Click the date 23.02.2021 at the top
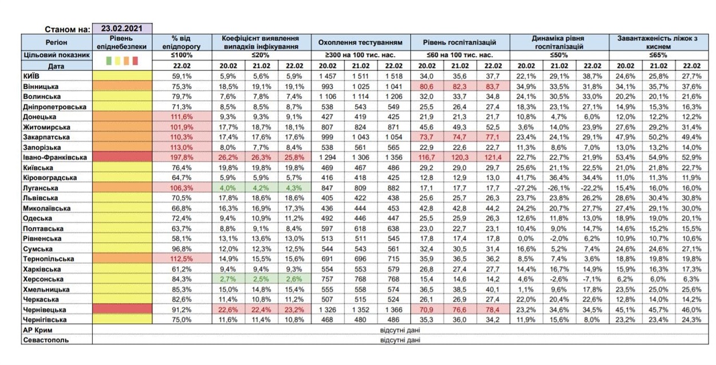[122, 29]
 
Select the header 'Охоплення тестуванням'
[360, 42]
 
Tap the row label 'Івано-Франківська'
[55, 157]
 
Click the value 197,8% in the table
[182, 157]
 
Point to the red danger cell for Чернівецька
[122, 310]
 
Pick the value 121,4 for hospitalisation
[493, 157]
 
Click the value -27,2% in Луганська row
[526, 188]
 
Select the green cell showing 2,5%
[261, 279]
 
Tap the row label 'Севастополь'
[46, 340]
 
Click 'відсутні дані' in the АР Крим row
[400, 330]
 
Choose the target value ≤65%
[658, 55]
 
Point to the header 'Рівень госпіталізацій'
[459, 42]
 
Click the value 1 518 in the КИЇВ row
[394, 76]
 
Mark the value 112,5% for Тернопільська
[182, 259]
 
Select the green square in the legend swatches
[109, 61]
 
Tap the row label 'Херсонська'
[43, 279]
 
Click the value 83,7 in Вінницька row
[493, 86]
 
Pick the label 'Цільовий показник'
[57, 55]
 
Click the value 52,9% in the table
[691, 157]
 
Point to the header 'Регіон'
[56, 42]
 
